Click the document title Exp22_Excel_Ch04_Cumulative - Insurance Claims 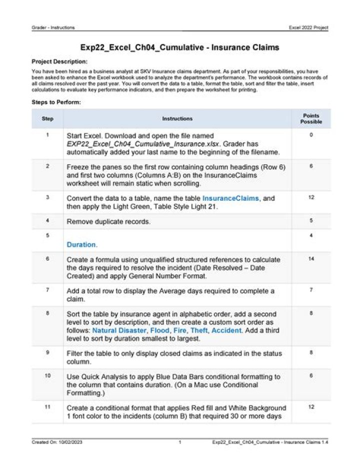pyautogui.click(x=180, y=48)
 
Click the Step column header pyautogui.click(x=47, y=119)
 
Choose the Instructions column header pyautogui.click(x=177, y=119)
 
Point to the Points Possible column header pyautogui.click(x=311, y=119)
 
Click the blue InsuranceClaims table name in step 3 pyautogui.click(x=230, y=198)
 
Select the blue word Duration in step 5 pyautogui.click(x=81, y=245)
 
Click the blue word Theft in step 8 pyautogui.click(x=199, y=331)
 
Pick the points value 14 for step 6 pyautogui.click(x=311, y=259)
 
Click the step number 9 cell pyautogui.click(x=47, y=352)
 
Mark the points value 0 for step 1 pyautogui.click(x=311, y=135)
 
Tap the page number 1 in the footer pyautogui.click(x=179, y=442)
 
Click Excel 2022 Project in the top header pyautogui.click(x=308, y=28)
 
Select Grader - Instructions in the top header pyautogui.click(x=53, y=28)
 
